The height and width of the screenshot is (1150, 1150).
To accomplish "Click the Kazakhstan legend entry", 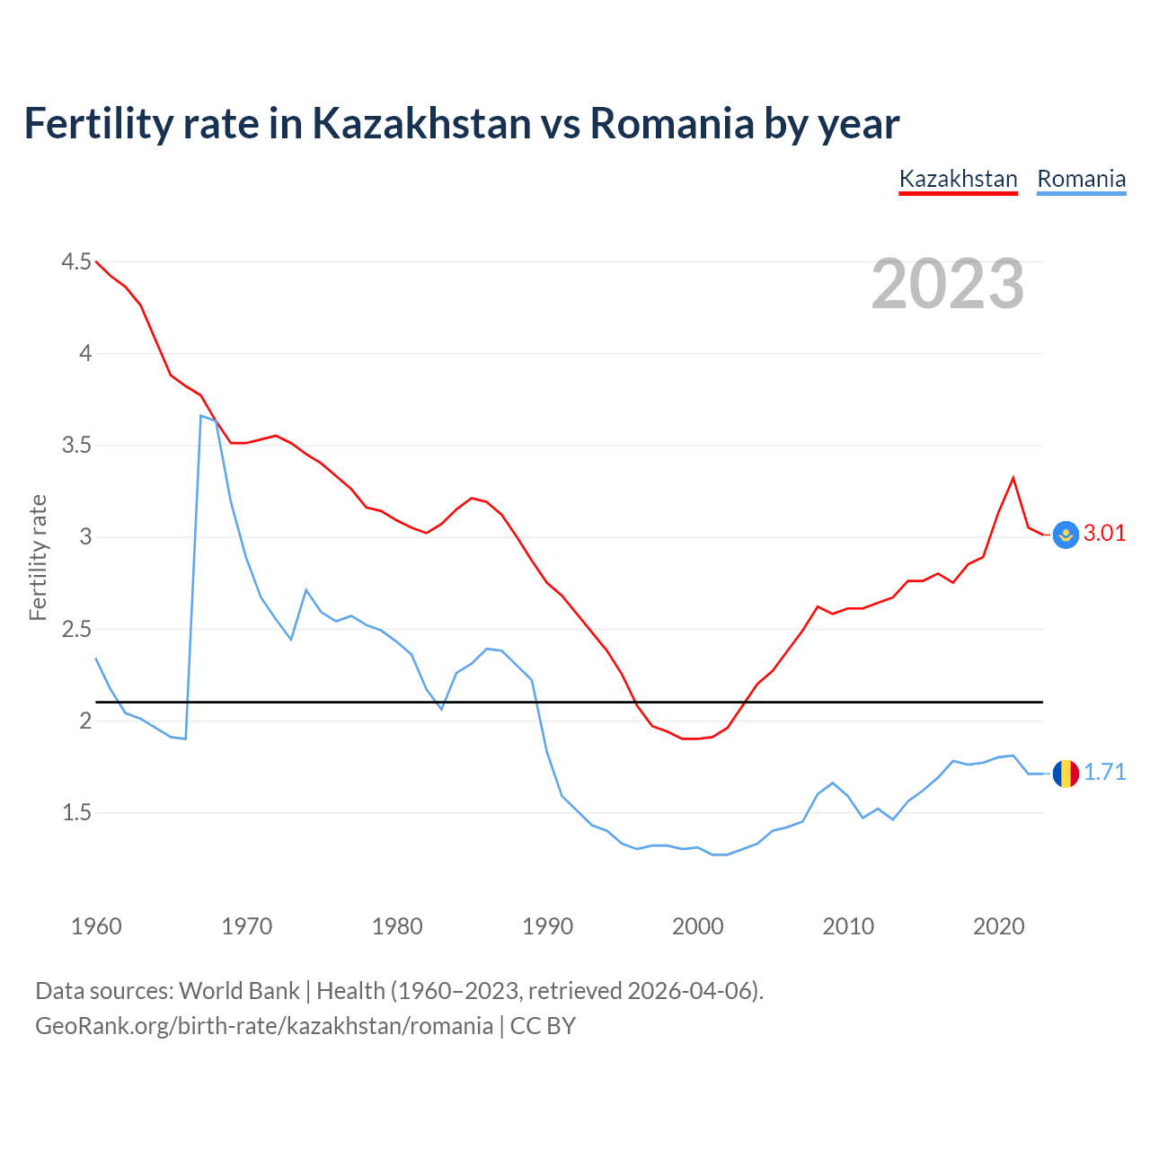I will point(958,179).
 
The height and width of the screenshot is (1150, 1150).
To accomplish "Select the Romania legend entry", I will point(1081,179).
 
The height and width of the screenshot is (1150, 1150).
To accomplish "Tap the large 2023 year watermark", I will point(948,284).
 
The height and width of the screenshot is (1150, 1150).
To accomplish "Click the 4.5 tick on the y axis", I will point(76,262).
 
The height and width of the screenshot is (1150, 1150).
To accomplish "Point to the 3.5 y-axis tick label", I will point(76,446).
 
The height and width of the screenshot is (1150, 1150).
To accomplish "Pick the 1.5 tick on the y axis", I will point(76,813).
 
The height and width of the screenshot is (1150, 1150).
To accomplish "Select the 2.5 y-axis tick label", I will point(76,630).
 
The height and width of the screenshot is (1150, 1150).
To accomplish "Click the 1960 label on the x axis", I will point(96,926).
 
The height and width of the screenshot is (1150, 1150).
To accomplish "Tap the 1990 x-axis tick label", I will point(547,926).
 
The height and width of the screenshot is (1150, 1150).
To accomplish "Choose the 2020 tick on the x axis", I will point(998,926).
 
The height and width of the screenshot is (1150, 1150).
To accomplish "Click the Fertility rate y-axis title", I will point(38,557).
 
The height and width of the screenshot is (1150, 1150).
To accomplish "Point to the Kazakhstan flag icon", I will point(1066,535).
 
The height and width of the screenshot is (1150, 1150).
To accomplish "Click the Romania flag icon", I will point(1066,773).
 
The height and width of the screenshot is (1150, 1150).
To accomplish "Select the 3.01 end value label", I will point(1104,534).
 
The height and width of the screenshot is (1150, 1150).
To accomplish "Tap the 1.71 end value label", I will point(1104,773).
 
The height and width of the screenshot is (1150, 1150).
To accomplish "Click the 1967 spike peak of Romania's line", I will point(201,416).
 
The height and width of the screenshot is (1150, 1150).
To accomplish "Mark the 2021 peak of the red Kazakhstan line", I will point(1013,478).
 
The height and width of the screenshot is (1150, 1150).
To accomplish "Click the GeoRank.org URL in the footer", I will point(264,1026).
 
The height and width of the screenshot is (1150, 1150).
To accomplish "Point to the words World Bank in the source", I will point(239,991).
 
